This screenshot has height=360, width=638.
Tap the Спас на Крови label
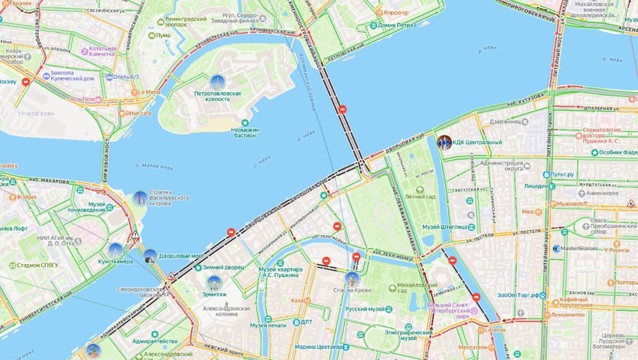pyautogui.click(x=353, y=290)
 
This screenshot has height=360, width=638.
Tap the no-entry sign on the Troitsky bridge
pyautogui.click(x=342, y=109)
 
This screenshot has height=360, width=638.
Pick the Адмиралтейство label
pyautogui.click(x=154, y=341)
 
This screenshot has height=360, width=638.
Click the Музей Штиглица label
pyautogui.click(x=444, y=226)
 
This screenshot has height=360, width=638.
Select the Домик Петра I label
pyautogui.click(x=394, y=25)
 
